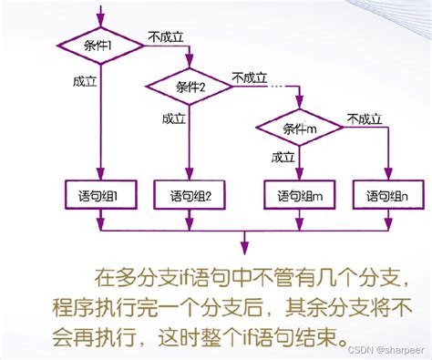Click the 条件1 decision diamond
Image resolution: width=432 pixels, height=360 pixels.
point(101,46)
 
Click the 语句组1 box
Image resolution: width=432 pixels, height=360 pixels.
point(101,195)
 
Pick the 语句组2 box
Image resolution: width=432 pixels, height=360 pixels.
point(190,195)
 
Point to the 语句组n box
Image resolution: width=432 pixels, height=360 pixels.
point(388,195)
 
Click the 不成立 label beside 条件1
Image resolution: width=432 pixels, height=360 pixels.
point(166,38)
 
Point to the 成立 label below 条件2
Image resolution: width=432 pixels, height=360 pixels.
point(173,119)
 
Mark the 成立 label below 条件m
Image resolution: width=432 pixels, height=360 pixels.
point(283,158)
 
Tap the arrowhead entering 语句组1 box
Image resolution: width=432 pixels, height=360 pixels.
point(101,178)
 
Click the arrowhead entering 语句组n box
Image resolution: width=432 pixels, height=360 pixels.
point(388,178)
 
